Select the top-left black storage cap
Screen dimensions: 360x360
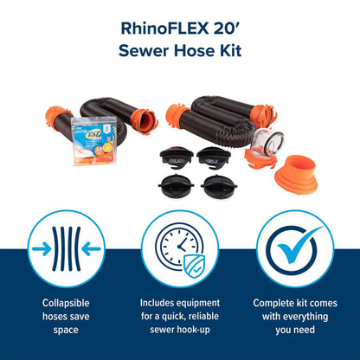pyautogui.click(x=174, y=157)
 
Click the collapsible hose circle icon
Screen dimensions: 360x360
pyautogui.click(x=67, y=247)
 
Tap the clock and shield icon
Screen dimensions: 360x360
pyautogui.click(x=180, y=247)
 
